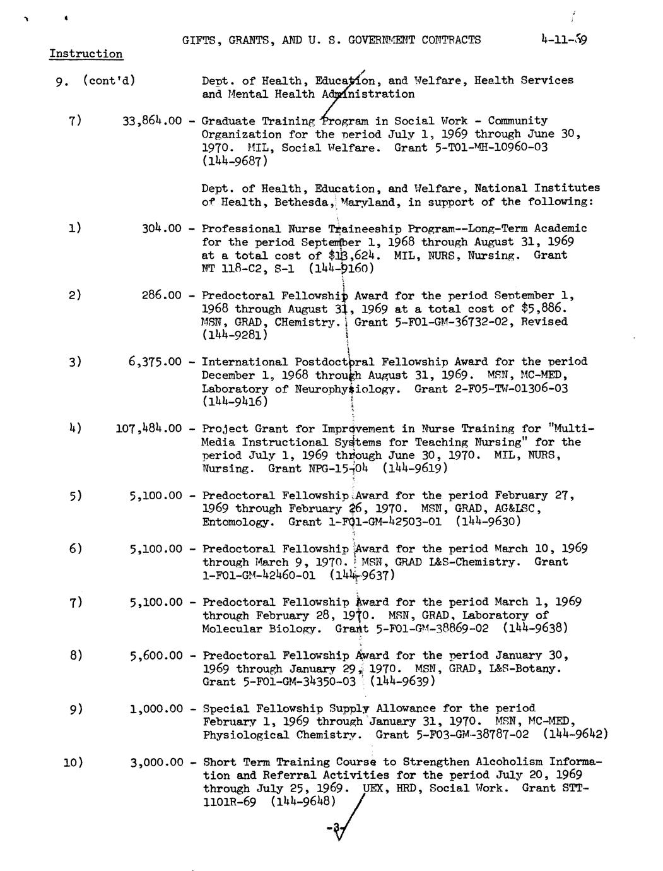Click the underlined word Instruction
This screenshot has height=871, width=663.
pyautogui.click(x=86, y=54)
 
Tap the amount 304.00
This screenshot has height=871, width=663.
pyautogui.click(x=162, y=228)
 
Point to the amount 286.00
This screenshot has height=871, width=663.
pyautogui.click(x=162, y=295)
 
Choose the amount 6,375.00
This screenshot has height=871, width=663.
pyautogui.click(x=155, y=362)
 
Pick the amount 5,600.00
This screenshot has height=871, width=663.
pyautogui.click(x=156, y=656)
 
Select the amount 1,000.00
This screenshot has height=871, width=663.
pyautogui.click(x=156, y=709)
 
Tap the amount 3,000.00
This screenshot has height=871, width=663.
pyautogui.click(x=156, y=762)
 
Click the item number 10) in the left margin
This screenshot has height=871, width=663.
pyautogui.click(x=73, y=762)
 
